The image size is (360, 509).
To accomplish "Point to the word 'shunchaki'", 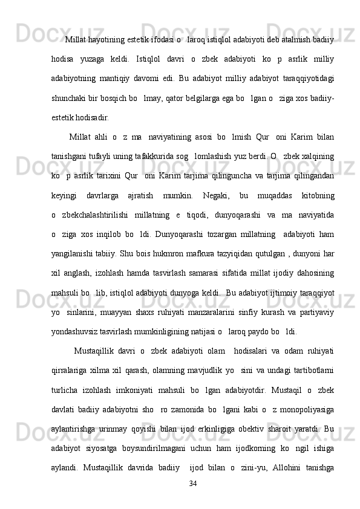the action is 70,99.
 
